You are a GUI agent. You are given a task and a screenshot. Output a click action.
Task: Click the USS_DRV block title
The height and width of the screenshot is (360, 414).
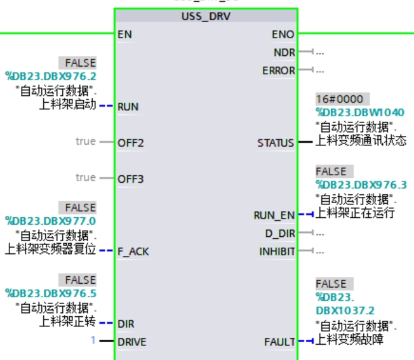(x=205, y=17)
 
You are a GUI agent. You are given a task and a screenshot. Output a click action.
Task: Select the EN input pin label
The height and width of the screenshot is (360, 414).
(x=125, y=34)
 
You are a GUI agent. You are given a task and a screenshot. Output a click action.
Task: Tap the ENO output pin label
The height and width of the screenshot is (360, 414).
(x=283, y=34)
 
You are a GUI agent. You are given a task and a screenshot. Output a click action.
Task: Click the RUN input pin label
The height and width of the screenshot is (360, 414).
(x=128, y=107)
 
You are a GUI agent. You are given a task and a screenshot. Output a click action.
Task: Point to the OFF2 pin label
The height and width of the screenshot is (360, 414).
(x=131, y=143)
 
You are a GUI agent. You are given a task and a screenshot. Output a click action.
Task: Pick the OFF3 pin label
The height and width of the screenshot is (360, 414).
(x=131, y=179)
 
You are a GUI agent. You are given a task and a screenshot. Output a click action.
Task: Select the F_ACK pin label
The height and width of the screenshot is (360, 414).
(x=133, y=251)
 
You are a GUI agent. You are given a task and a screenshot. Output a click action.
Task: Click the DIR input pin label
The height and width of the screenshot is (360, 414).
(x=126, y=324)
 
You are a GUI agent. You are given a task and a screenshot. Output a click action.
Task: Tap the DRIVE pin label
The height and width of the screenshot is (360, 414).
(x=132, y=342)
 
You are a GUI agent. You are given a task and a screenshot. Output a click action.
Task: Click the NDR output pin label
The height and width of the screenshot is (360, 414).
(x=284, y=52)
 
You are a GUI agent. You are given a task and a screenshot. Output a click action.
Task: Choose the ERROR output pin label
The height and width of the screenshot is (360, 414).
(x=279, y=70)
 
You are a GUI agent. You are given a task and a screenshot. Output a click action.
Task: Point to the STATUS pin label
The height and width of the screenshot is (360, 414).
(x=276, y=143)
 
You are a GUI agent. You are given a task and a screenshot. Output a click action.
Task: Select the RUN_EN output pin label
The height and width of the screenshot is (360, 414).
(x=274, y=215)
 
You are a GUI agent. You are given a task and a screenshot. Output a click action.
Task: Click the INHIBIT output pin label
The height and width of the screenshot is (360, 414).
(x=277, y=251)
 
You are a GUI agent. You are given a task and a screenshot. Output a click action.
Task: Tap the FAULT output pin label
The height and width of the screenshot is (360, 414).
(x=280, y=342)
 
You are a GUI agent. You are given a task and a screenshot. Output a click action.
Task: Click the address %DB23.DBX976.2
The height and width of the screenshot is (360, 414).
(x=51, y=76)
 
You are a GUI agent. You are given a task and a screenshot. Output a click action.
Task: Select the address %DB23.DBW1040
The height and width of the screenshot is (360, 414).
(x=360, y=112)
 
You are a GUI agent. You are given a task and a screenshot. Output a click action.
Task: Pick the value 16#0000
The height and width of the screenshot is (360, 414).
(x=340, y=99)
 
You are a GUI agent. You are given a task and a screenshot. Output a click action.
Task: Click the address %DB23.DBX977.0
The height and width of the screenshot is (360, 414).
(x=51, y=221)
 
